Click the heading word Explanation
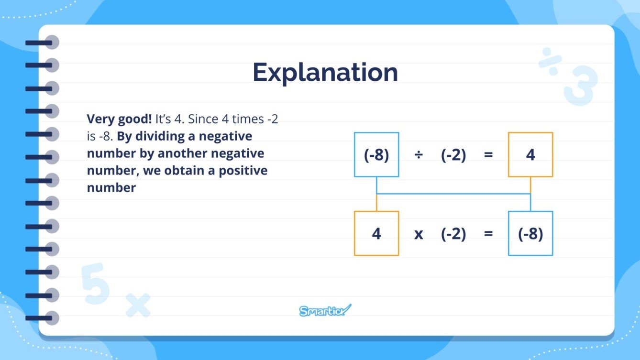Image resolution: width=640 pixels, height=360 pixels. click(325, 73)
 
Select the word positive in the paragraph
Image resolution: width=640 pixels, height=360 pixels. click(243, 171)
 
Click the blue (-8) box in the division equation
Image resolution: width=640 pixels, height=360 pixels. click(376, 155)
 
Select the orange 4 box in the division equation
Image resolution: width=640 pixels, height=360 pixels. click(530, 155)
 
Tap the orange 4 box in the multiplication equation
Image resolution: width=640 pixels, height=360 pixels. click(376, 234)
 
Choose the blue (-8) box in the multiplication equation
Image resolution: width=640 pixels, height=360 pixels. click(530, 234)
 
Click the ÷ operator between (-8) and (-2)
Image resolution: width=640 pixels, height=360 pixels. click(419, 155)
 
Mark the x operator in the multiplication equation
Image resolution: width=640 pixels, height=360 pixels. click(419, 234)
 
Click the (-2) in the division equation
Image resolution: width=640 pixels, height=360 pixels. click(453, 155)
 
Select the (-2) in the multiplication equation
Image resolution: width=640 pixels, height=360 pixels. click(453, 234)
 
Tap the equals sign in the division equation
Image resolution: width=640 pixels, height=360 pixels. click(488, 155)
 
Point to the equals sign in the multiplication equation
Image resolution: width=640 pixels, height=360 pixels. click(488, 234)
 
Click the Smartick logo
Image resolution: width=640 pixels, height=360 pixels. click(325, 310)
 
